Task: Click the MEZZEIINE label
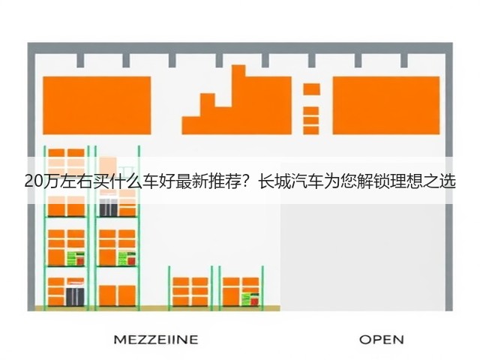click(156, 340)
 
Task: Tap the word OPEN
click(382, 340)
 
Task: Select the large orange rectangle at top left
click(97, 105)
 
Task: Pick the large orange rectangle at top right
click(386, 105)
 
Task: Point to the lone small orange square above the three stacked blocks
click(312, 89)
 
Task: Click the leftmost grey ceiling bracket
click(80, 60)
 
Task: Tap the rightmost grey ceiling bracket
click(404, 60)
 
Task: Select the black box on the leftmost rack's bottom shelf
click(75, 296)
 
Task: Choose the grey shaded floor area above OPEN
click(363, 257)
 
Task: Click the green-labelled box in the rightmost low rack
click(250, 299)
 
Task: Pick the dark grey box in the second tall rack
click(108, 207)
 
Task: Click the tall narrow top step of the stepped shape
click(238, 85)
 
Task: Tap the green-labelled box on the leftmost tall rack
click(76, 258)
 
